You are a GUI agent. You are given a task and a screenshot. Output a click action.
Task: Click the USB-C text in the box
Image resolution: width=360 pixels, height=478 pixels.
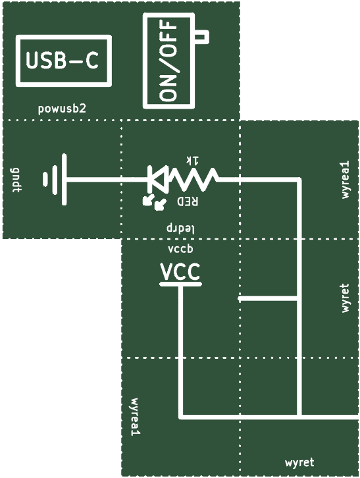[x=63, y=61]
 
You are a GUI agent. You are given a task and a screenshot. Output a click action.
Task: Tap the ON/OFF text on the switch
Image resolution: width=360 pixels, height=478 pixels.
[x=168, y=61]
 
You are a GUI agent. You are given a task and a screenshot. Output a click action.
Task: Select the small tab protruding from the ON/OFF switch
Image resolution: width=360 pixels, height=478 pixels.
[x=201, y=37]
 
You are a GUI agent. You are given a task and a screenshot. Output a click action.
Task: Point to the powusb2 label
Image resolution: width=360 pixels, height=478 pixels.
[x=62, y=109]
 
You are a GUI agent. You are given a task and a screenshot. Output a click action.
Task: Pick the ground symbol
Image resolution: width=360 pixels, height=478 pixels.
[x=55, y=179]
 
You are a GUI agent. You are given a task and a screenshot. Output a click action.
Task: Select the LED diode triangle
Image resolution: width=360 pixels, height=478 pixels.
[x=157, y=179]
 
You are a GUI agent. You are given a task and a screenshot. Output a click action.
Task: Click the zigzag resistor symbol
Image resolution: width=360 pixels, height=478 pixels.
[x=193, y=179]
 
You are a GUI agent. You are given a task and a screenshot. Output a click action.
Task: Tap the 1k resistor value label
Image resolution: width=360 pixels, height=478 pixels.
[x=193, y=161]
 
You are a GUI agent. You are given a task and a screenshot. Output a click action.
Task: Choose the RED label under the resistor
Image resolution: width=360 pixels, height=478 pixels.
[x=188, y=201]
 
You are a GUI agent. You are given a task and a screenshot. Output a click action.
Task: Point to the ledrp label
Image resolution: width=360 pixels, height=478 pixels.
[x=180, y=228]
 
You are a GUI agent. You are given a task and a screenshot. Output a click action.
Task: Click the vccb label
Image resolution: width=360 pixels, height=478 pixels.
[x=180, y=249]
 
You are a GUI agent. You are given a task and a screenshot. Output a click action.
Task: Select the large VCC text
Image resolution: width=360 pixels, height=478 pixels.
[x=180, y=272]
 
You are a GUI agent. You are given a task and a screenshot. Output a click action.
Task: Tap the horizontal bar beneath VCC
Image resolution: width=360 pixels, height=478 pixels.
[x=180, y=284]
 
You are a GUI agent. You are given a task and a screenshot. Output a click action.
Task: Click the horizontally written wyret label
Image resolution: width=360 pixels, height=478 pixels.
[x=299, y=462]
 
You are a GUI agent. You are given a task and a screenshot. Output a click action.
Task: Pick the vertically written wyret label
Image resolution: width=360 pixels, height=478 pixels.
[x=345, y=298]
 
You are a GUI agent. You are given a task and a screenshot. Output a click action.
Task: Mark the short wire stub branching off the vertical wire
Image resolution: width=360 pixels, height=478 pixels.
[x=269, y=299]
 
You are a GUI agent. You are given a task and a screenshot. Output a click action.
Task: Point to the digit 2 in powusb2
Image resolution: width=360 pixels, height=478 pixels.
[x=83, y=108]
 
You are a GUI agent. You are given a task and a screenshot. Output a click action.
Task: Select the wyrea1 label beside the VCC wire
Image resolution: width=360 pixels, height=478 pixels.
[x=135, y=416]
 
